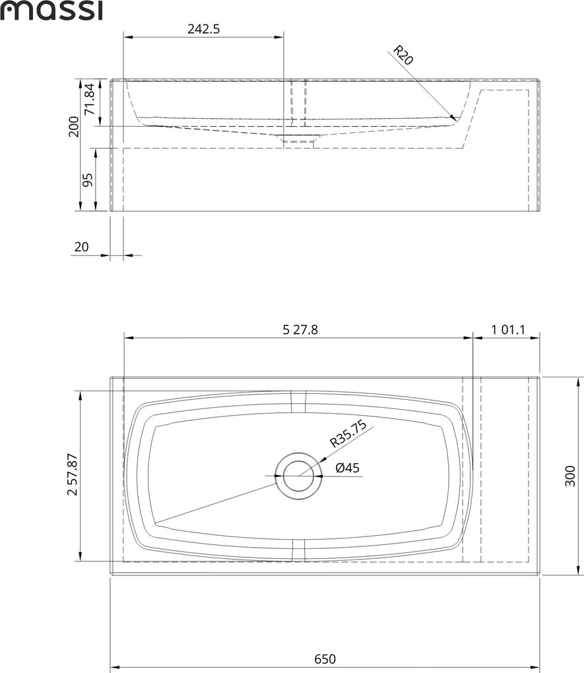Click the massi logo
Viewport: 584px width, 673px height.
point(51,11)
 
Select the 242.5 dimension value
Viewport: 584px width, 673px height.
point(204,29)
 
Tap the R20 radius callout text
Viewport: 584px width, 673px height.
point(403,55)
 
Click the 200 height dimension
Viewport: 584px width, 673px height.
point(74,126)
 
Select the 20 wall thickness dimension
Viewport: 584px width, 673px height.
point(82,247)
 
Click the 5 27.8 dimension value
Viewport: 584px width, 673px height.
point(300,330)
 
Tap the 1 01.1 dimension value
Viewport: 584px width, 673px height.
point(507,330)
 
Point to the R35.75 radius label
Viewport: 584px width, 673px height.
point(348,436)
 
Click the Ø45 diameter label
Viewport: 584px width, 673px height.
point(347,468)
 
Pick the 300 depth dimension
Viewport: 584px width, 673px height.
point(571,474)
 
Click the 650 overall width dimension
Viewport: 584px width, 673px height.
point(325,658)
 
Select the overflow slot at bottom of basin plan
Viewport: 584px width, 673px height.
point(299,550)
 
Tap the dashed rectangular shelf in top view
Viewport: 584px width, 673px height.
point(505,469)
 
